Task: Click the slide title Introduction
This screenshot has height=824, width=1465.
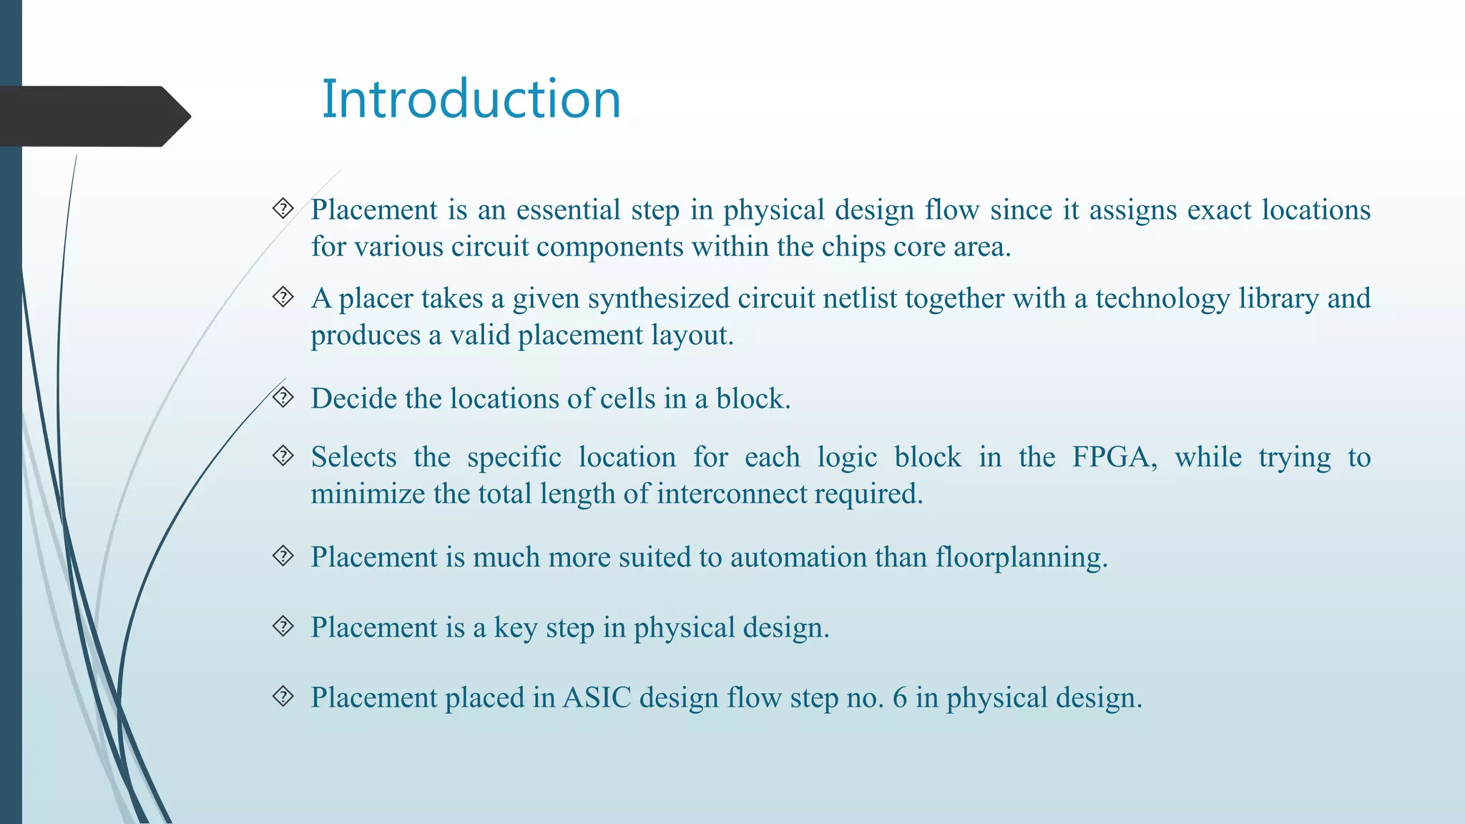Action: [471, 99]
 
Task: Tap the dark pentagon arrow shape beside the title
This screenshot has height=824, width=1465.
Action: [93, 116]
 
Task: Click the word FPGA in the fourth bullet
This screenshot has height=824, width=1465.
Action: [1114, 457]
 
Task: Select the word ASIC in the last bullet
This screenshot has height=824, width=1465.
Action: [597, 697]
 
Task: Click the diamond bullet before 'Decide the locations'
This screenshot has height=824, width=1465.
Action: [283, 397]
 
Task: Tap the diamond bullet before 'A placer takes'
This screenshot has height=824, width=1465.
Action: [283, 297]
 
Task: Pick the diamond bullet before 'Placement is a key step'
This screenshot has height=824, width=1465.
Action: [283, 627]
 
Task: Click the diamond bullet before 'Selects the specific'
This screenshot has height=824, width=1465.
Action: [283, 456]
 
